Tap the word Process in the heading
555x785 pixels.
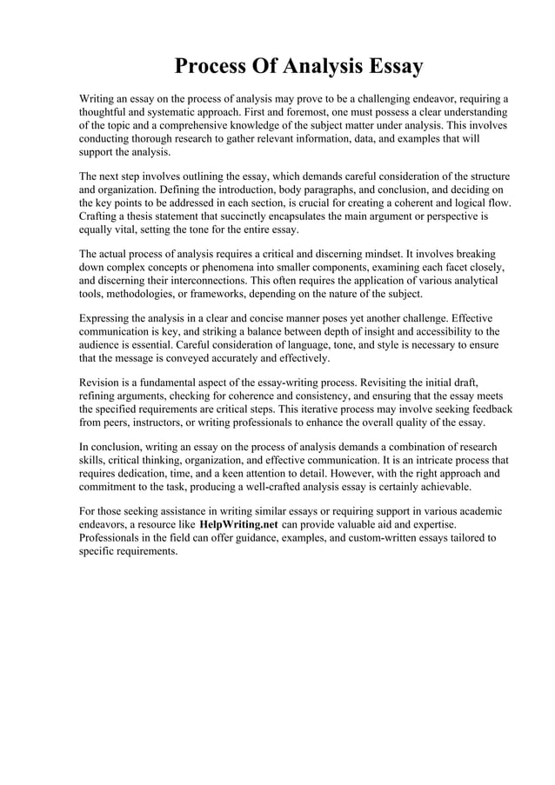coord(215,67)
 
